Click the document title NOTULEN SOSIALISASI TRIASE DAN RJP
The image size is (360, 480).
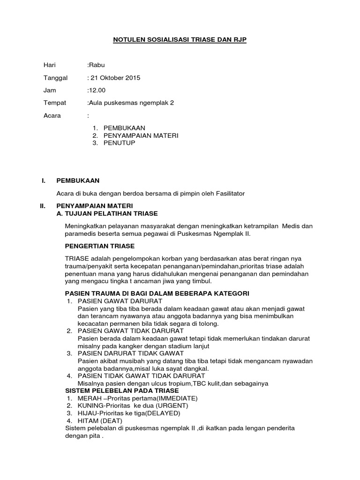tap(180, 41)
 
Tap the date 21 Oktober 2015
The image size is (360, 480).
tap(115, 78)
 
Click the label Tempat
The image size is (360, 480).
tap(55, 103)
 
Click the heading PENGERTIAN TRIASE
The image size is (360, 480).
tap(99, 246)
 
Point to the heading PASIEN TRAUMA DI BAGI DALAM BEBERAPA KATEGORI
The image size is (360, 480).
tap(157, 293)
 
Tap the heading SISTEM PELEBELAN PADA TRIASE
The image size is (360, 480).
tap(122, 390)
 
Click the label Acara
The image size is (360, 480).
tap(52, 115)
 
